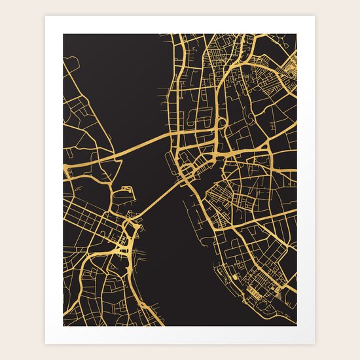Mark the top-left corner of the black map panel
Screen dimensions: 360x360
point(63,34)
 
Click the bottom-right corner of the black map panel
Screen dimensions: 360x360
point(296,325)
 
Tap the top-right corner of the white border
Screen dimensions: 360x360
point(315,16)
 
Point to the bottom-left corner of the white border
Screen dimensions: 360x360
point(45,344)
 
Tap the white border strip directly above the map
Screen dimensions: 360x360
point(180,25)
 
